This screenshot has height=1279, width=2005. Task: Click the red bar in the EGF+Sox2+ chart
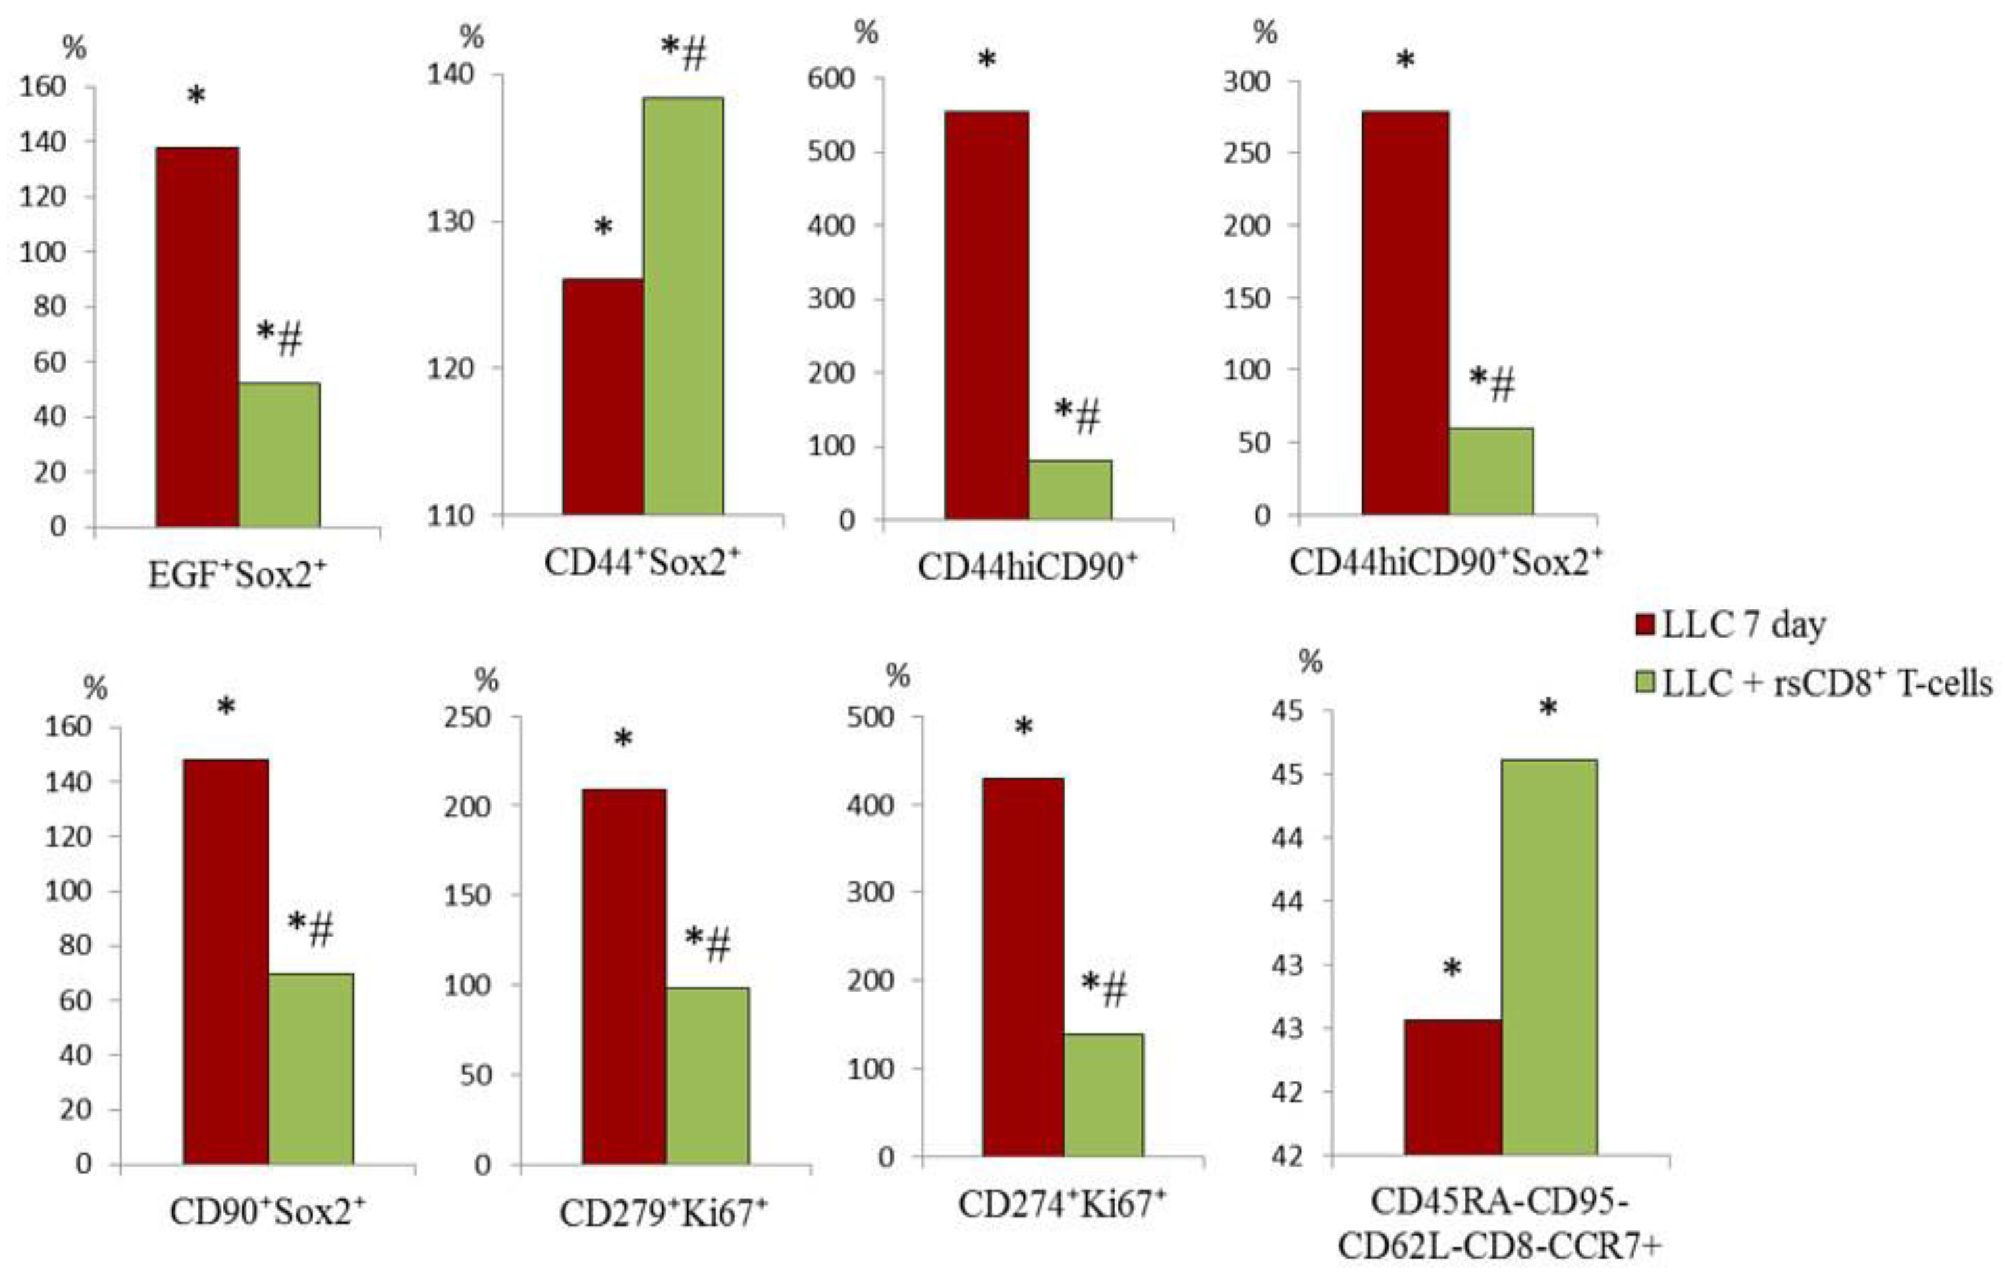[197, 337]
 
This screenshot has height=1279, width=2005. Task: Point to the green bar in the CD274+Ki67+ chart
[1104, 1094]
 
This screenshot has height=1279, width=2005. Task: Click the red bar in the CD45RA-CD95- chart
[1452, 1086]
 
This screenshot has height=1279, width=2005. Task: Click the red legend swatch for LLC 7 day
[1644, 625]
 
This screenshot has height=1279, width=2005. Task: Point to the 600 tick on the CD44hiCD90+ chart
[830, 79]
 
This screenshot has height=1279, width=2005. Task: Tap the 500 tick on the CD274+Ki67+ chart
[869, 718]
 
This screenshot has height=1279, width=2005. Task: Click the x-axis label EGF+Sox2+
[237, 574]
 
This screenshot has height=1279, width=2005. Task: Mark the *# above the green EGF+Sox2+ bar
[279, 337]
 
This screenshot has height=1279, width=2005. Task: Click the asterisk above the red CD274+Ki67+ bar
[1023, 728]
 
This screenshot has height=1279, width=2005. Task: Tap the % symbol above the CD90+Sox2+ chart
[97, 689]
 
